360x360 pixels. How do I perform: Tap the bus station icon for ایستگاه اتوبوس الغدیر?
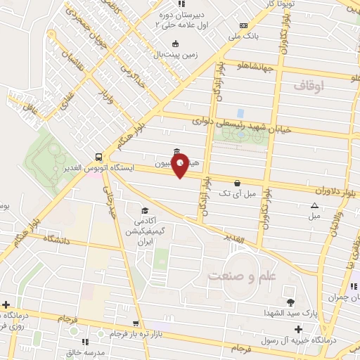99,157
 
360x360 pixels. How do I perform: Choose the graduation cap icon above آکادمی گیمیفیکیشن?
145,211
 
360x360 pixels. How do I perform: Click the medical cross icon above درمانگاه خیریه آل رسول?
298,329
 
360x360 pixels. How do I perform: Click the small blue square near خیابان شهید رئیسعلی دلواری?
240,113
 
